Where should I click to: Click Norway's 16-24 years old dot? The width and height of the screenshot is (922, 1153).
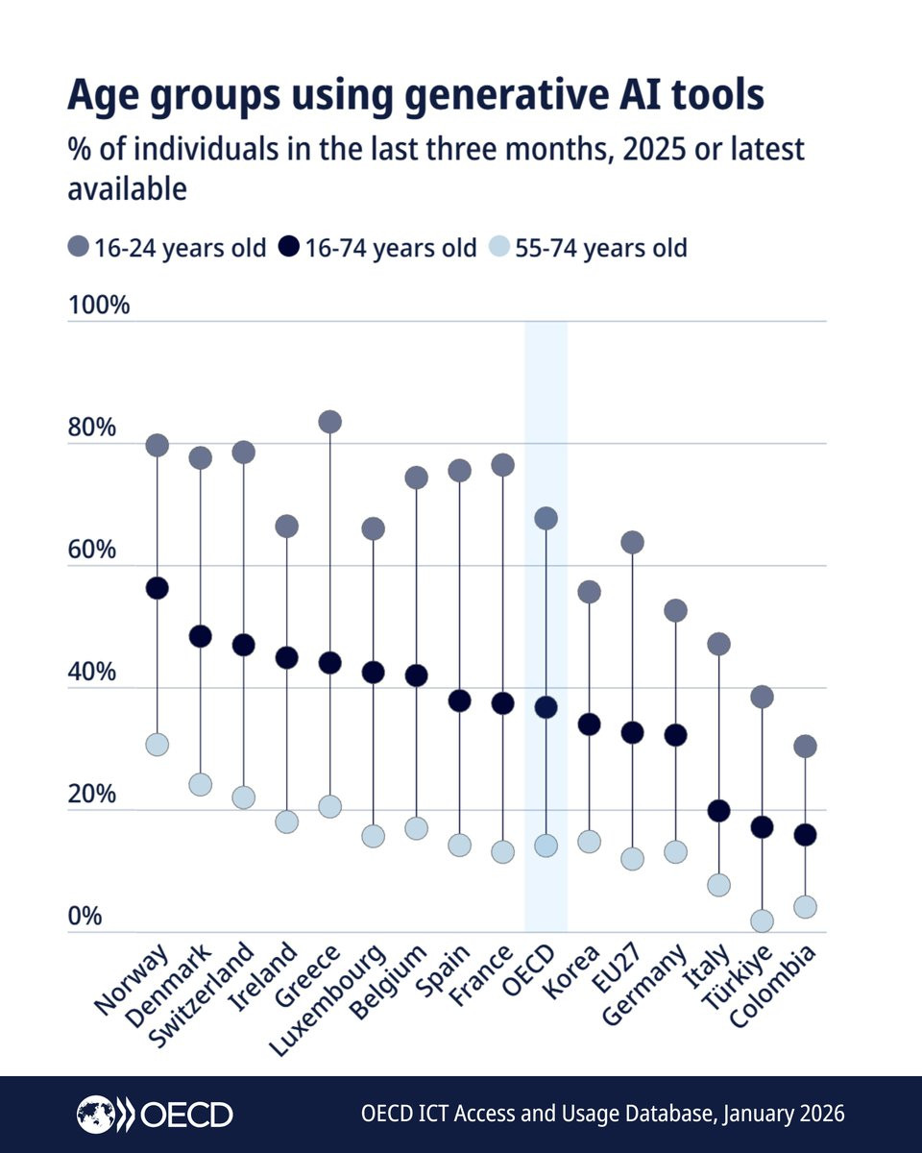pyautogui.click(x=158, y=445)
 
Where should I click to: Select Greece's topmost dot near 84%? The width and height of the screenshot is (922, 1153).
pyautogui.click(x=330, y=422)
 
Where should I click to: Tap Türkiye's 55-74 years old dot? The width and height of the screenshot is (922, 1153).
pyautogui.click(x=762, y=921)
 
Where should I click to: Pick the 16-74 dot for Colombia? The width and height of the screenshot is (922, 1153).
pyautogui.click(x=805, y=835)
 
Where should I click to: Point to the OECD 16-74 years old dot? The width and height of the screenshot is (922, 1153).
pyautogui.click(x=546, y=707)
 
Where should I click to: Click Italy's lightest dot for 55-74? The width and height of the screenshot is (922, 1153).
pyautogui.click(x=718, y=885)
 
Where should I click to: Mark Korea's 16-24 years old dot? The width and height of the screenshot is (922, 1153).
pyautogui.click(x=589, y=592)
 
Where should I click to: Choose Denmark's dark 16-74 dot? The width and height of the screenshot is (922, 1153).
pyautogui.click(x=201, y=636)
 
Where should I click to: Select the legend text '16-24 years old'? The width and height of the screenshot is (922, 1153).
pyautogui.click(x=180, y=248)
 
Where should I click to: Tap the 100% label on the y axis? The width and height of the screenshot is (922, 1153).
pyautogui.click(x=98, y=307)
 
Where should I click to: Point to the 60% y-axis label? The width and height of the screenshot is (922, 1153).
pyautogui.click(x=92, y=551)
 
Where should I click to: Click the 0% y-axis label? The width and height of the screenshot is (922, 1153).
pyautogui.click(x=85, y=917)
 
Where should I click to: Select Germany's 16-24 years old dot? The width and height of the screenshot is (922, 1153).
pyautogui.click(x=675, y=610)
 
